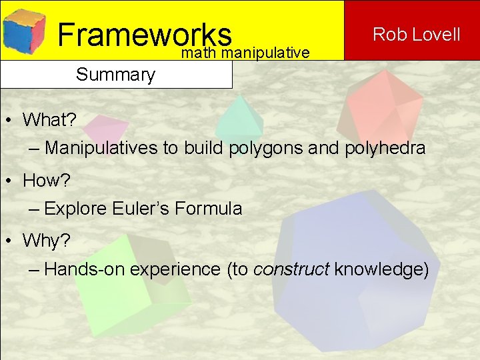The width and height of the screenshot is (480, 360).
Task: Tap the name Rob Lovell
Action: [x=416, y=34]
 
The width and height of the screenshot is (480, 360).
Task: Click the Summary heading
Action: [x=115, y=74]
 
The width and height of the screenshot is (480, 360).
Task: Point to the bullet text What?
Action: [x=49, y=120]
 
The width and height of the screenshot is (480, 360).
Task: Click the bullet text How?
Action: [x=46, y=181]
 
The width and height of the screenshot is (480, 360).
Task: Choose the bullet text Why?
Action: [x=46, y=241]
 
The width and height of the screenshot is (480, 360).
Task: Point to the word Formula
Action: [x=208, y=209]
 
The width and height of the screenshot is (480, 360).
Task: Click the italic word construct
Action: [x=291, y=269]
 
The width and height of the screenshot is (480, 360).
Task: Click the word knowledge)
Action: [x=381, y=269]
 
